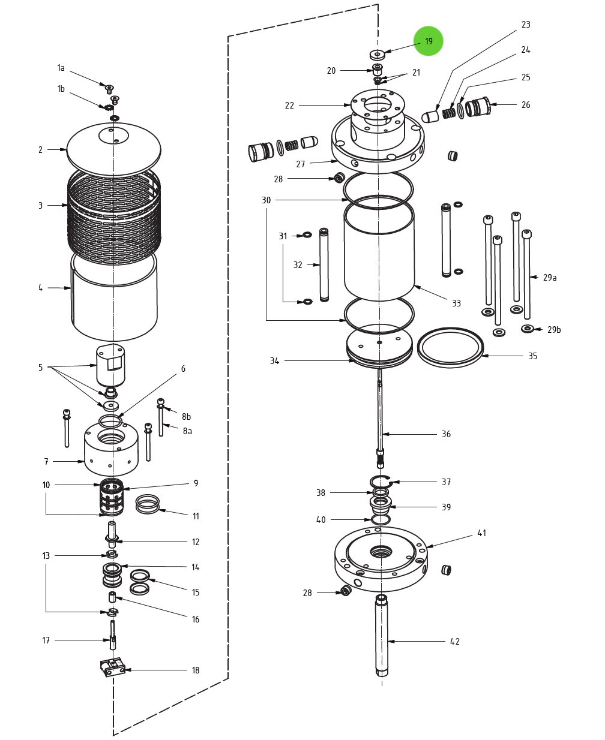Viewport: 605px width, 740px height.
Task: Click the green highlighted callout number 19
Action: [428, 41]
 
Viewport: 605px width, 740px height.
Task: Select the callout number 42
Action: [455, 642]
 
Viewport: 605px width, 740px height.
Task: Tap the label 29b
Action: [553, 330]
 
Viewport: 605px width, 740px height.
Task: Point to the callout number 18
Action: [195, 670]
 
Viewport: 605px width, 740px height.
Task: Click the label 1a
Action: [61, 68]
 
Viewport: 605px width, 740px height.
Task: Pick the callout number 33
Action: [456, 303]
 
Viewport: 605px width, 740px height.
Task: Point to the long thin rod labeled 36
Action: [380, 414]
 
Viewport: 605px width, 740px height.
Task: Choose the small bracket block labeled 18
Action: [112, 667]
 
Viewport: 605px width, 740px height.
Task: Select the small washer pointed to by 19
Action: [377, 55]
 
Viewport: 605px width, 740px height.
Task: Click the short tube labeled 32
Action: [324, 264]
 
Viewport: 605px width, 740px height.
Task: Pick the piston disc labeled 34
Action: [379, 346]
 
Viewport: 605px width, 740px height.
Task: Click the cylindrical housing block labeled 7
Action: [111, 447]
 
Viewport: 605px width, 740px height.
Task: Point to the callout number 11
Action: [196, 516]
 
